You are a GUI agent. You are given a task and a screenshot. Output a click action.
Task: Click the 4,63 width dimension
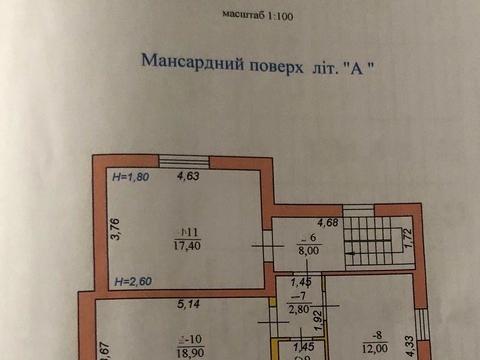tap(188, 178)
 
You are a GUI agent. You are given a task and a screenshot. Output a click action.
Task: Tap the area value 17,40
tap(187, 244)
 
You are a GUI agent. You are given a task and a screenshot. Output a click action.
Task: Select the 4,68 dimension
tap(328, 222)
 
